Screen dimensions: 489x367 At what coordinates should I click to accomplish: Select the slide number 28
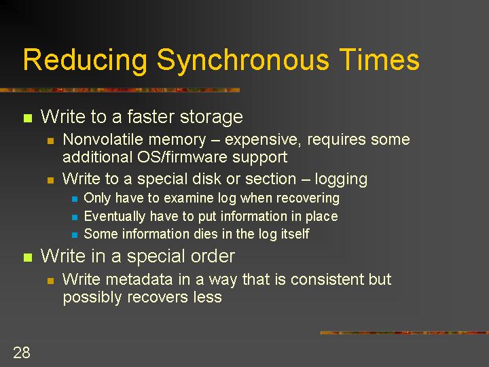point(22,352)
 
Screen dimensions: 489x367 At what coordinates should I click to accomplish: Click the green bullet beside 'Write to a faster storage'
point(28,118)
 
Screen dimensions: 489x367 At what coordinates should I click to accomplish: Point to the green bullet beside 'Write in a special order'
point(28,258)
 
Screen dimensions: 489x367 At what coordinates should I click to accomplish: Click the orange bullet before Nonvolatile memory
point(50,141)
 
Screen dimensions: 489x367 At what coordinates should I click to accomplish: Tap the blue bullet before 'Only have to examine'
point(75,198)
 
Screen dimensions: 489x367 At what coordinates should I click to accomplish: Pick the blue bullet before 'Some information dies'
point(75,234)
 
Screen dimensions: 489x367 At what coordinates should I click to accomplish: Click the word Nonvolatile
point(103,139)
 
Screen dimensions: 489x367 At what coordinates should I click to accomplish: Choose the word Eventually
point(115,217)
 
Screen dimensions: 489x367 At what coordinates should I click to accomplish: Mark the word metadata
point(139,279)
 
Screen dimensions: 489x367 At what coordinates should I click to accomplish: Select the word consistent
point(327,279)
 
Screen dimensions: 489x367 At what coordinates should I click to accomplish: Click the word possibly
point(92,298)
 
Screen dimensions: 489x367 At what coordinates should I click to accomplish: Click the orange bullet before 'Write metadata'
point(50,281)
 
